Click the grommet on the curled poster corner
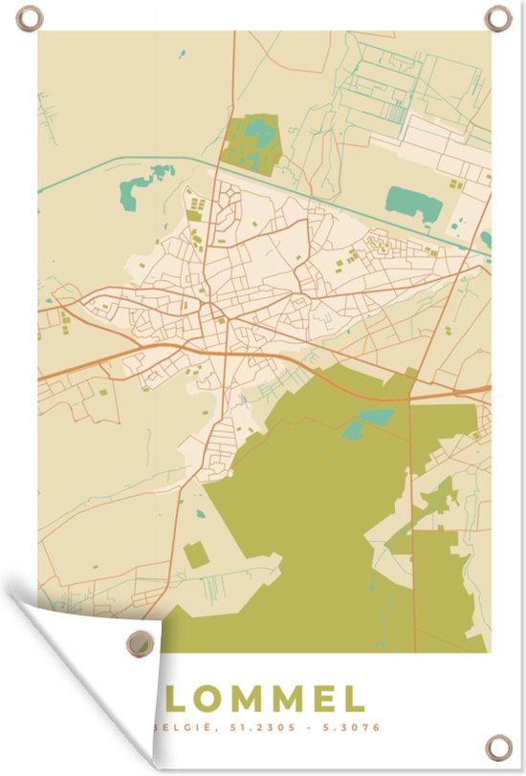pos(143,638)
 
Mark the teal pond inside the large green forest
pos(375,418)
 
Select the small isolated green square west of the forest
pos(196,553)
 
